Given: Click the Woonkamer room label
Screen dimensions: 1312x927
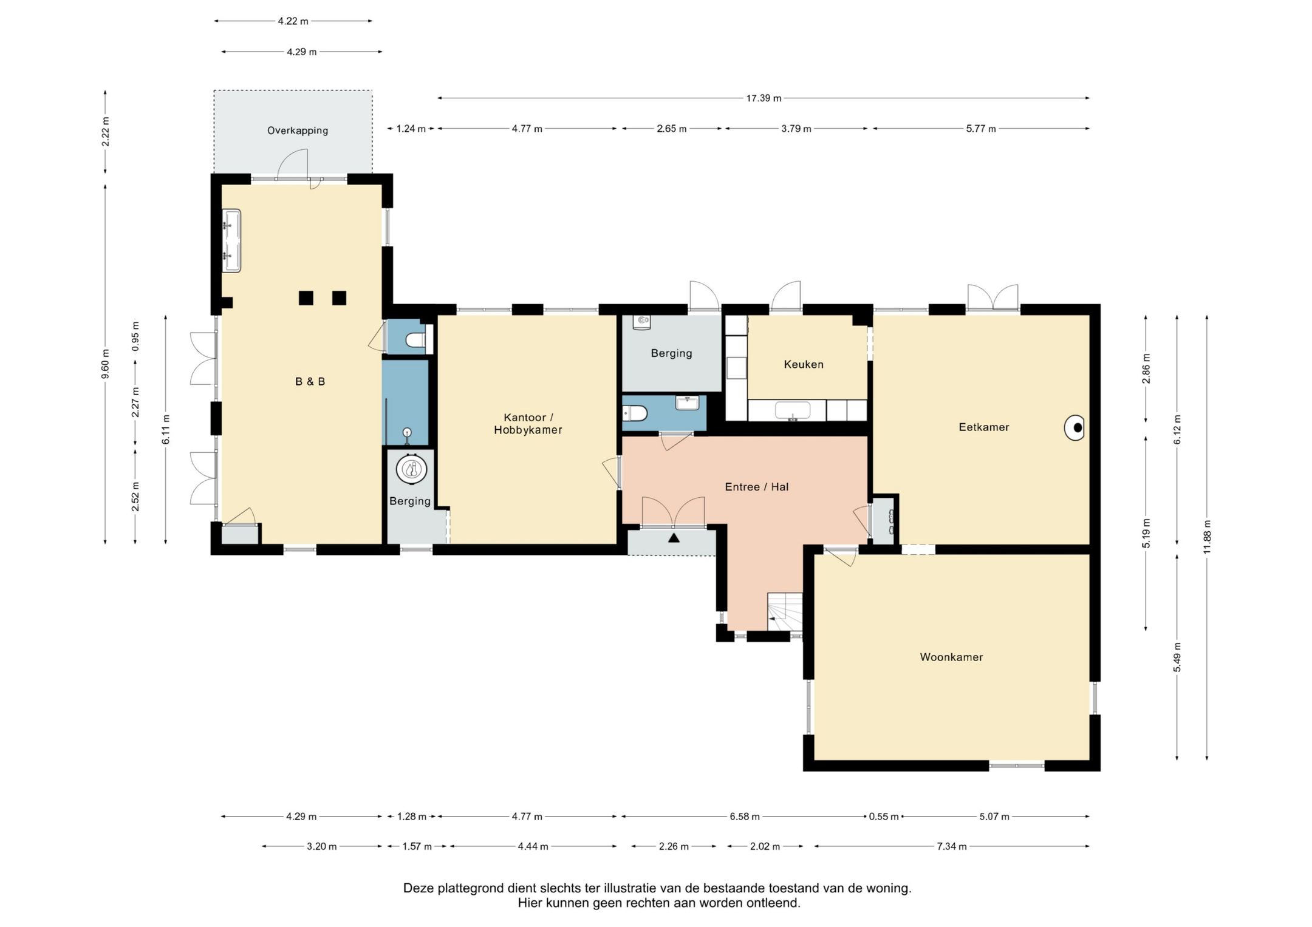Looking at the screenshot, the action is pos(951,657).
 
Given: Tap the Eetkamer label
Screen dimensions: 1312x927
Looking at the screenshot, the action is pos(984,427).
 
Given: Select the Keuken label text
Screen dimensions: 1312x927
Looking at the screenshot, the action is pos(804,364).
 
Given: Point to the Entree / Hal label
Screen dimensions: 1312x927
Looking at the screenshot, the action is pos(757,486).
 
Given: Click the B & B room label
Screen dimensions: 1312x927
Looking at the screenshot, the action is pos(310,381).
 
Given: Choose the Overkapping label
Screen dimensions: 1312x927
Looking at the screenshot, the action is pos(298,131).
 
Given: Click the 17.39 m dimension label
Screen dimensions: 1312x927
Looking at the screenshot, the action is pos(764,98).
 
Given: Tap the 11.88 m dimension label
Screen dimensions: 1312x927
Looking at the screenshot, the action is pos(1207,537).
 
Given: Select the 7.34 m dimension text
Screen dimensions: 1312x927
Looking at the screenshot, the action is pos(951,846).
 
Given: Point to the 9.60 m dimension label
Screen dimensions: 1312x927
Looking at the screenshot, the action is pos(105,364).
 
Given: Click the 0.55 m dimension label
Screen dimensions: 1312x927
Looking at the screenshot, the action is pos(884,817).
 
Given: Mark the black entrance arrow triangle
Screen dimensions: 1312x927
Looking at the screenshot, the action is pos(674,538).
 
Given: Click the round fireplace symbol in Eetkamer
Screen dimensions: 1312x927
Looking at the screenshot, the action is pos(1075,428).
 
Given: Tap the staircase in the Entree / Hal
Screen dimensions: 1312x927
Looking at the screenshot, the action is pos(785,612).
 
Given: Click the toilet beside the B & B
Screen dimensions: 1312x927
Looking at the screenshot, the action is pos(416,341).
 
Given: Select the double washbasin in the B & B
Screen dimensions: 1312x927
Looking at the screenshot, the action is pos(231,240).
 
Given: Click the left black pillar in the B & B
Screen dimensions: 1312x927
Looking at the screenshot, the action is pos(306,298).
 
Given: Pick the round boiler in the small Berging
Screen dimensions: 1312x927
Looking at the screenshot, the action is pos(412,469).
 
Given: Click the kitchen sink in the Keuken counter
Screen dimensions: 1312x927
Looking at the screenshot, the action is pos(792,410).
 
